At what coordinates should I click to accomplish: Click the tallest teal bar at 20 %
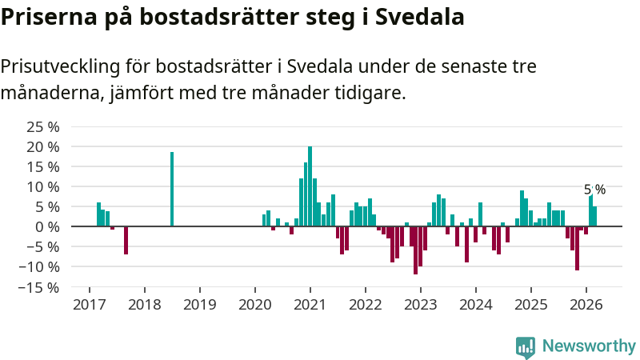click(310, 186)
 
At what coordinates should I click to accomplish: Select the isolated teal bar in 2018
click(172, 189)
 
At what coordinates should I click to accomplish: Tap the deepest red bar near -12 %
click(415, 250)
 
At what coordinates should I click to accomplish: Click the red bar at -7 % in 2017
click(126, 240)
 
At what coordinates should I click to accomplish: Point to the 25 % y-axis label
click(43, 127)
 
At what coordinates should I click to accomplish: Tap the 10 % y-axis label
click(43, 186)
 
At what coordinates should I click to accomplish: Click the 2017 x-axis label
click(89, 305)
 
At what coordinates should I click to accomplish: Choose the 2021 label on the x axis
click(310, 305)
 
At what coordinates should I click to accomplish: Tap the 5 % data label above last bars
click(594, 190)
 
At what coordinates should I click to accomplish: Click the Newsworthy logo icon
click(526, 346)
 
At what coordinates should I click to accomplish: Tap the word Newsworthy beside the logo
click(589, 346)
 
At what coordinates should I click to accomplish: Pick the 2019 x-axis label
click(199, 305)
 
